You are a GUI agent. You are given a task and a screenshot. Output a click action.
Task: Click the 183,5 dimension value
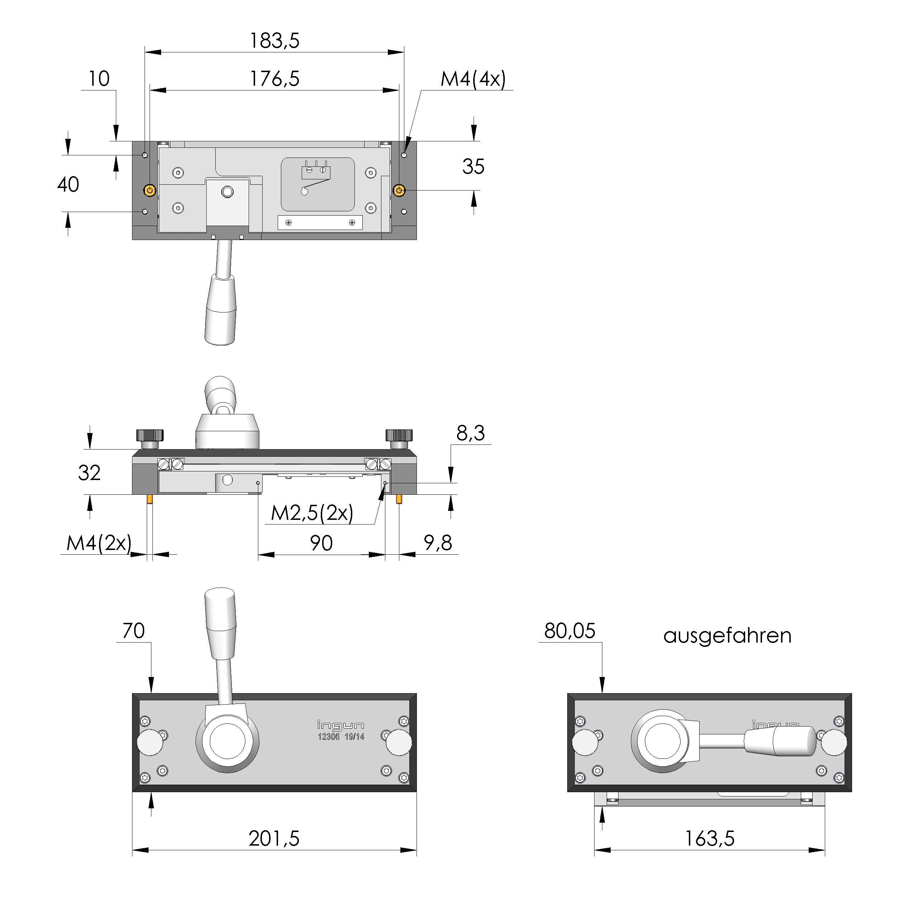pos(275,41)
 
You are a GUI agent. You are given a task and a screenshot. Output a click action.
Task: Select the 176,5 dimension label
pos(275,79)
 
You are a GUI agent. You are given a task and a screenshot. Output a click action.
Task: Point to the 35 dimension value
pos(473,167)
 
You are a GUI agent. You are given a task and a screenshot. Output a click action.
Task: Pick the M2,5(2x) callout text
pos(312,513)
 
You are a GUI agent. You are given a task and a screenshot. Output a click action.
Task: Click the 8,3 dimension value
pos(470,433)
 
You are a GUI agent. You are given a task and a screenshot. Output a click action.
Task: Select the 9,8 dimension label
pos(437,543)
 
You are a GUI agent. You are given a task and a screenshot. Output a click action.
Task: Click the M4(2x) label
pos(99,543)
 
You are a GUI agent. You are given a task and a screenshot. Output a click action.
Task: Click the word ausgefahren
pos(727,636)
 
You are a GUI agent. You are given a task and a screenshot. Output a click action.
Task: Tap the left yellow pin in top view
pos(150,190)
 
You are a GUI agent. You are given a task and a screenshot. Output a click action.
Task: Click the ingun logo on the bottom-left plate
pos(340,725)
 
